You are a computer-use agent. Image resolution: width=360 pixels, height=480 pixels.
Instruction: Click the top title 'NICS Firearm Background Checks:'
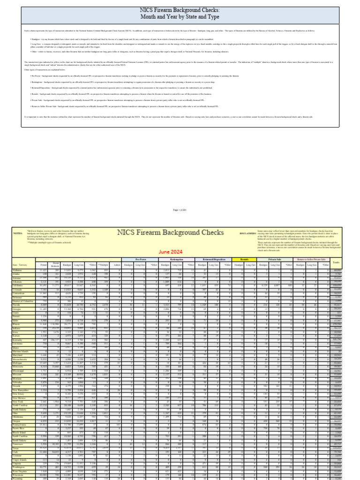coord(180,10)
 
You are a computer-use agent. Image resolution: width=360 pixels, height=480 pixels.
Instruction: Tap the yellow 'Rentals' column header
coord(244,259)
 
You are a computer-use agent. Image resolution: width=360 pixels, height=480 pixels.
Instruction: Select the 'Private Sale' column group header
coord(275,259)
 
